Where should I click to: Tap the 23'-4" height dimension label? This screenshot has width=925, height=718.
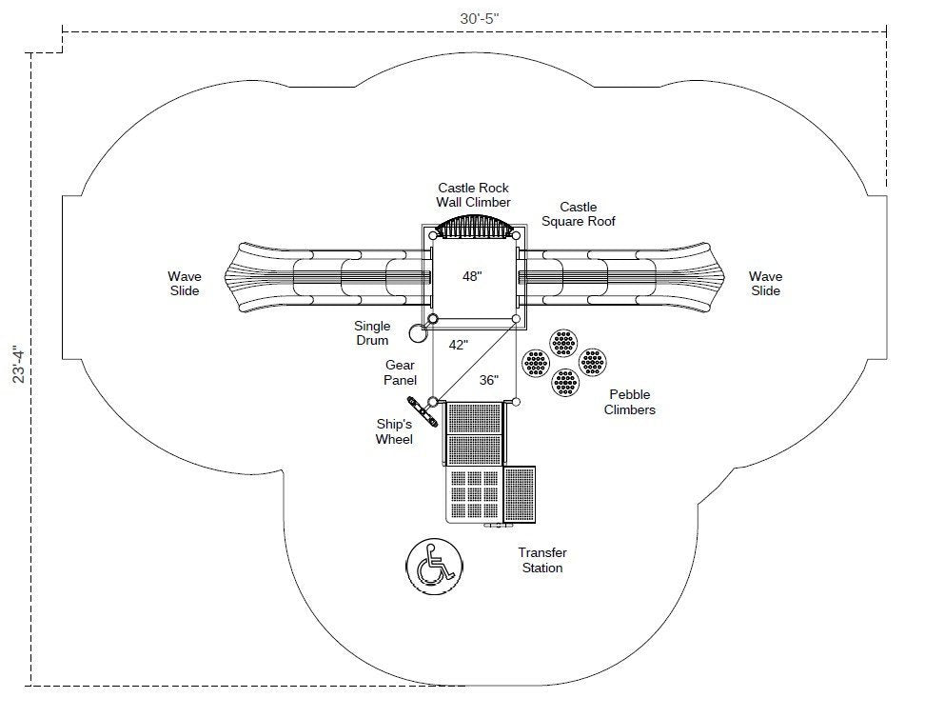pyautogui.click(x=17, y=365)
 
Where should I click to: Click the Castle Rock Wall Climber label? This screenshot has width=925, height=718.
pyautogui.click(x=473, y=195)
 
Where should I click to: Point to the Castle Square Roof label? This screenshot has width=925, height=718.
pyautogui.click(x=578, y=214)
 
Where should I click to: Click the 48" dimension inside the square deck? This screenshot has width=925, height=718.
pyautogui.click(x=472, y=277)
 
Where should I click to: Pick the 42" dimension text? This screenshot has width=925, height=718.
pyautogui.click(x=459, y=346)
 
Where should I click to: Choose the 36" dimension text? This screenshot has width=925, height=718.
pyautogui.click(x=488, y=380)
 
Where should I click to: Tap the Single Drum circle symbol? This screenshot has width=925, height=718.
pyautogui.click(x=417, y=333)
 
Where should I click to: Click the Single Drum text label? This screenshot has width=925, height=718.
pyautogui.click(x=372, y=333)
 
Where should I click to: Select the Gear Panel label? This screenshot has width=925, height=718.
pyautogui.click(x=401, y=372)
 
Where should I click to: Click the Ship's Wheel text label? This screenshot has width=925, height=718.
pyautogui.click(x=394, y=431)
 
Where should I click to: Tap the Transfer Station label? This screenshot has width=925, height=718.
pyautogui.click(x=542, y=560)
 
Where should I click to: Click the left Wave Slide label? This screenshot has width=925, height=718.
pyautogui.click(x=185, y=284)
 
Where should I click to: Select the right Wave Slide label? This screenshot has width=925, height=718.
pyautogui.click(x=765, y=284)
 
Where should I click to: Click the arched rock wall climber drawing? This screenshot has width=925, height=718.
pyautogui.click(x=474, y=229)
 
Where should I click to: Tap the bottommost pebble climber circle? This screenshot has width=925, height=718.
pyautogui.click(x=565, y=383)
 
